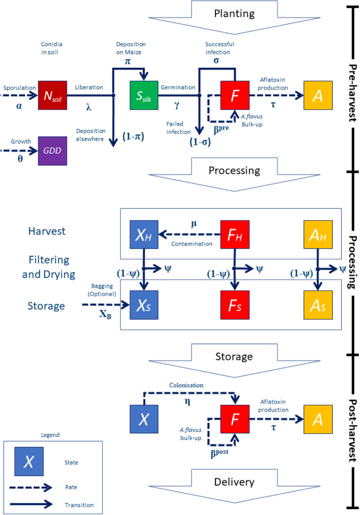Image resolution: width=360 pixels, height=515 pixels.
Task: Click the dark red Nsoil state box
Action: pos(52,95)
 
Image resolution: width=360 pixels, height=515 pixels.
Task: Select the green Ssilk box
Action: pos(144,95)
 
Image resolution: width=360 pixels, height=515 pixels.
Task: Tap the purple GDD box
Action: pos(52,150)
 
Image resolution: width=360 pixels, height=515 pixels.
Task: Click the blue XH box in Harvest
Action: pos(144,234)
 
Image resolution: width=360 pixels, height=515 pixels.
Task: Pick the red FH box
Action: pos(235,234)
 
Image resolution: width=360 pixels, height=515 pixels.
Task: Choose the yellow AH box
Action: pos(318,234)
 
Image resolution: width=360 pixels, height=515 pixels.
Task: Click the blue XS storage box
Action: pos(144,305)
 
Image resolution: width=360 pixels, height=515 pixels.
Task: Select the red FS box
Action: pos(235,305)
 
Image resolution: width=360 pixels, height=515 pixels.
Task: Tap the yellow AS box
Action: pos(318,305)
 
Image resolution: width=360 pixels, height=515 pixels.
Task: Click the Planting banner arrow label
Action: pos(234,13)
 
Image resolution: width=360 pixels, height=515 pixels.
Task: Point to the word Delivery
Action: pos(234,482)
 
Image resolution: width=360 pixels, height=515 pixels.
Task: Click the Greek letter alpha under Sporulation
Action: pos(19,106)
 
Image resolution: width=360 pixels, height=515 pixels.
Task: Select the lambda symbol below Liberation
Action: pos(89,107)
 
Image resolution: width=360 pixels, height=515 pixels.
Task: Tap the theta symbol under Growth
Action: pos(20,159)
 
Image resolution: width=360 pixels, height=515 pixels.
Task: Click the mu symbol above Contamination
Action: pos(194,224)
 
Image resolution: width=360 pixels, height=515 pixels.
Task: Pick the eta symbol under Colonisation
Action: pos(187,401)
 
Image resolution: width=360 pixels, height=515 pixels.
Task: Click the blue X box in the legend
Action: pos(29,462)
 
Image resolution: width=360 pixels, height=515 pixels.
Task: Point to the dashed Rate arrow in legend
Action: pos(30,487)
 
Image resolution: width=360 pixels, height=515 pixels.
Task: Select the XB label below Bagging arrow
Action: pos(105,314)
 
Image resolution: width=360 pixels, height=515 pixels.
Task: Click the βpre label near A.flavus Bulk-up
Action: pos(221,129)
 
